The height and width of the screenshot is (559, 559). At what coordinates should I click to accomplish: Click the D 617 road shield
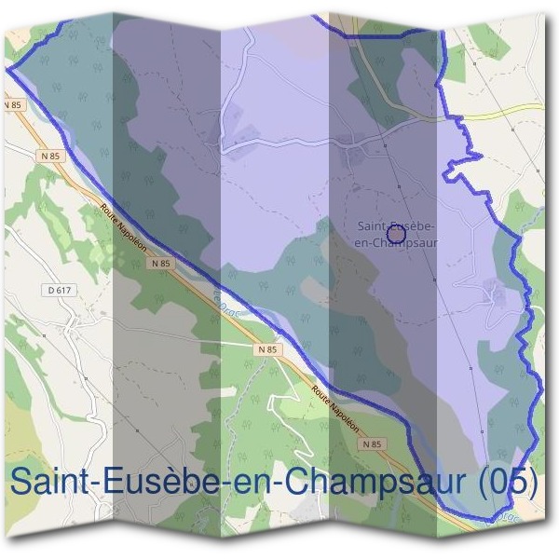[57, 291]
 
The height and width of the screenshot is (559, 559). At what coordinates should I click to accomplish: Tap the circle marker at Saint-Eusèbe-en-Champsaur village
[395, 235]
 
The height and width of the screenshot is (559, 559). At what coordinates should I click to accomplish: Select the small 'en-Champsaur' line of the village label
[397, 242]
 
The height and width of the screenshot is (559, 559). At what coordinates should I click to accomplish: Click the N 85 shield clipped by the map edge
[12, 106]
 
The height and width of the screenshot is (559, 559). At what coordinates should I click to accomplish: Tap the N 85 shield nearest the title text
[373, 445]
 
